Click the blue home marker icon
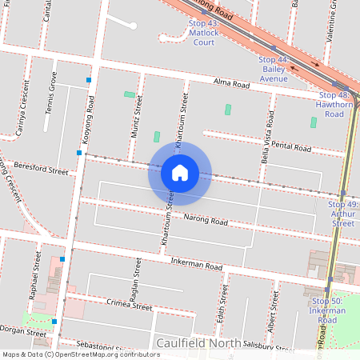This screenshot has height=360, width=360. (x=180, y=172)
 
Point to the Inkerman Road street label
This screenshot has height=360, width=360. (x=196, y=264)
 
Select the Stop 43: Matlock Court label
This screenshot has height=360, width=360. (x=202, y=34)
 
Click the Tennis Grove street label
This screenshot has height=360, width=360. (x=53, y=92)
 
